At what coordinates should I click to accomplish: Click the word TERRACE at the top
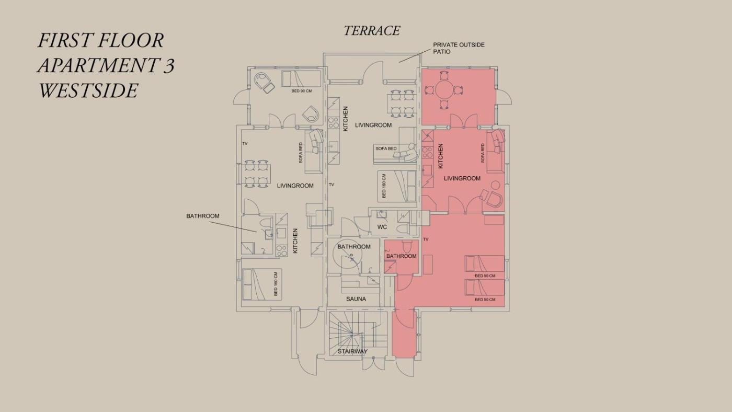(372, 31)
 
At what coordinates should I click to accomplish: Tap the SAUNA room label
(356, 299)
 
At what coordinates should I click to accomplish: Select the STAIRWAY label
(352, 351)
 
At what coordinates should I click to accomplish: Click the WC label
(382, 227)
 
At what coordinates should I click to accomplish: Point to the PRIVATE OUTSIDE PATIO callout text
(459, 48)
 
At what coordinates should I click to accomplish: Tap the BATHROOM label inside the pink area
(402, 256)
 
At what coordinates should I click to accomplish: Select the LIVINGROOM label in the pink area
(462, 178)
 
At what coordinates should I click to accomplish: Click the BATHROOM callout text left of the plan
(203, 216)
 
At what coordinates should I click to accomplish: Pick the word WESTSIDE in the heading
(88, 90)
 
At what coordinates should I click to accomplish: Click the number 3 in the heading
(168, 65)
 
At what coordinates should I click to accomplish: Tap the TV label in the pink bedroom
(426, 239)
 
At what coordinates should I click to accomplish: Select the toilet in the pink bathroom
(407, 246)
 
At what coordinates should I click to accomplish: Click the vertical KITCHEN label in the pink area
(440, 156)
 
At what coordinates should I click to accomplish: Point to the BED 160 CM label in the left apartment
(276, 284)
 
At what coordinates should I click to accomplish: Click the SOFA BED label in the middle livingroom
(386, 148)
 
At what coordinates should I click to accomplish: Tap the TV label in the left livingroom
(245, 143)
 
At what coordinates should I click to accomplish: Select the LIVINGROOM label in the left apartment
(295, 186)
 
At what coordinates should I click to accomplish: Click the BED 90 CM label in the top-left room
(302, 91)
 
